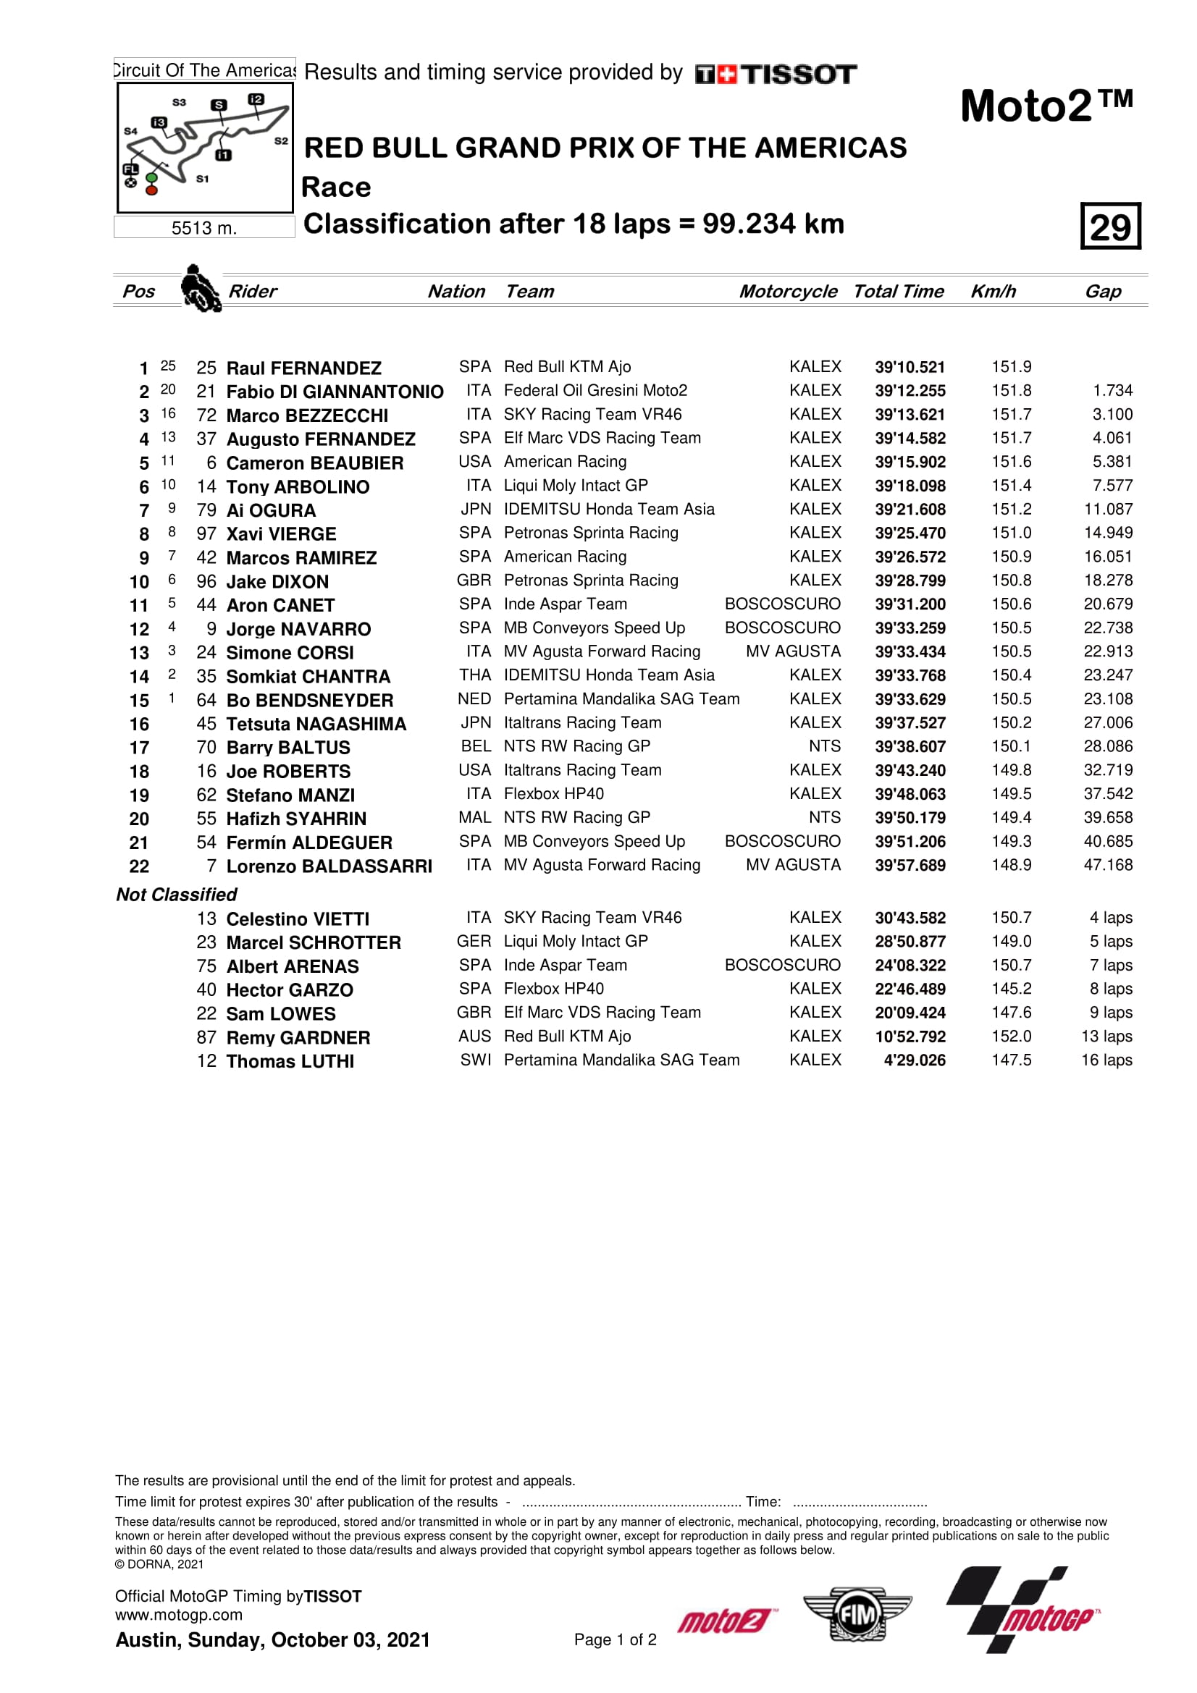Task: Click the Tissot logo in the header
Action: click(775, 74)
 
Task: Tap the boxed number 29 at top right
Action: click(1110, 227)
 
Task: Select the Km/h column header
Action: click(993, 291)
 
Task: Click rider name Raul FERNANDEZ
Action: click(303, 368)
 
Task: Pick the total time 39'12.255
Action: click(910, 391)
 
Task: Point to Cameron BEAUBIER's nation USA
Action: click(474, 462)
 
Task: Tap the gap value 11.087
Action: click(1108, 509)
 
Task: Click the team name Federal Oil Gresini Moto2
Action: click(595, 390)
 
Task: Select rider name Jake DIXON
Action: click(277, 582)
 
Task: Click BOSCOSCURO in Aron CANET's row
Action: click(782, 604)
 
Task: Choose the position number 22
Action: click(138, 866)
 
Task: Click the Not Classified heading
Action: click(176, 895)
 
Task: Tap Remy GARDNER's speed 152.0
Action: click(1011, 1036)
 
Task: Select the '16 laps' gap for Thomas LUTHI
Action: click(1106, 1060)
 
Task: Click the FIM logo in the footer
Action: click(857, 1616)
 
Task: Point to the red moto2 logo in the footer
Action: click(726, 1621)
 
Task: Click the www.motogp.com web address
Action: click(178, 1615)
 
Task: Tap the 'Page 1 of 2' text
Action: click(615, 1640)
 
